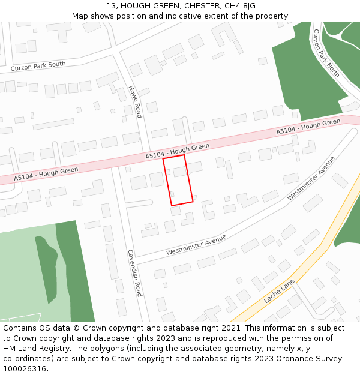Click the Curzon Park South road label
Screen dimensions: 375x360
tap(38, 65)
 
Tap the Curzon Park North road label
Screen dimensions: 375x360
tap(326, 53)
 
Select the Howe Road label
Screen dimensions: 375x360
tap(135, 101)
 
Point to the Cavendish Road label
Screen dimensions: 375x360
tap(135, 273)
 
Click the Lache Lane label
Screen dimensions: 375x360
tap(279, 291)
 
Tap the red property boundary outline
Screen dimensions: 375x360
tap(178, 180)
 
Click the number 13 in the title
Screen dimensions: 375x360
tap(112, 6)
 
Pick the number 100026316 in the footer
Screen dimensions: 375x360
tap(25, 368)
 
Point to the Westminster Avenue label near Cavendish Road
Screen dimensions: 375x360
tap(196, 245)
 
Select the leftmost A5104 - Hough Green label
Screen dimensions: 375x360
tap(46, 173)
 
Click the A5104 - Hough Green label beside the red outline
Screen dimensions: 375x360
tap(177, 151)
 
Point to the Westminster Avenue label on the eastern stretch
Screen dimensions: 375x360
tap(311, 178)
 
